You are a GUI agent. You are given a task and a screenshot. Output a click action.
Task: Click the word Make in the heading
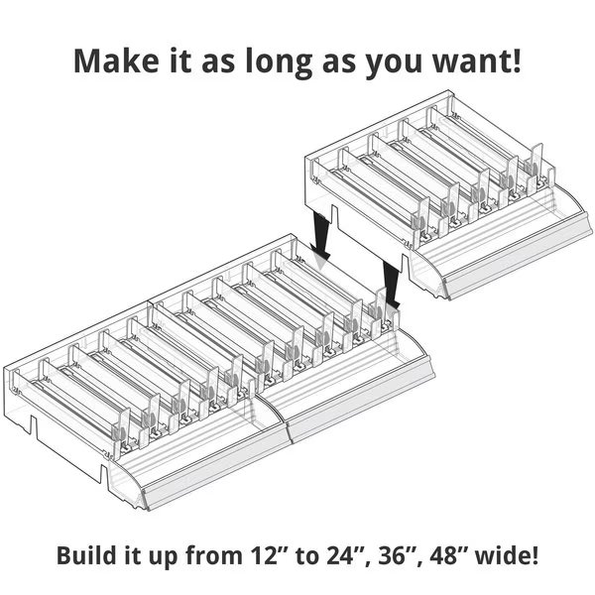pyautogui.click(x=116, y=60)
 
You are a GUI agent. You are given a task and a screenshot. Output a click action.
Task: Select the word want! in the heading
pyautogui.click(x=477, y=60)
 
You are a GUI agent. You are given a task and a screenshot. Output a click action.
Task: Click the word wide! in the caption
pyautogui.click(x=507, y=555)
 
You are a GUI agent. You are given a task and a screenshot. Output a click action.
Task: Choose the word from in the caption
pyautogui.click(x=213, y=555)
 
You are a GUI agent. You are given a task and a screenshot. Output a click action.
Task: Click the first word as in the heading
pyautogui.click(x=217, y=63)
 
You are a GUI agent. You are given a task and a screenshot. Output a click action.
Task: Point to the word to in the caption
pyautogui.click(x=307, y=556)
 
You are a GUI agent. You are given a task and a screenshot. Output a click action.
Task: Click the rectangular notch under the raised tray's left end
pyautogui.click(x=334, y=215)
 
